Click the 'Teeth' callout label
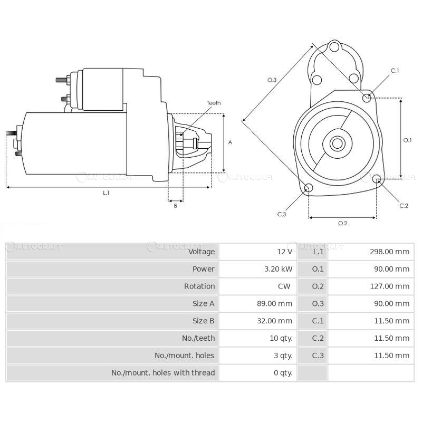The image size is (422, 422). click(214, 103)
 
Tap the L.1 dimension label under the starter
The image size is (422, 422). click(106, 193)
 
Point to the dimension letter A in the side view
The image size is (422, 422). click(230, 142)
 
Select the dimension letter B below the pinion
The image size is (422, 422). click(175, 206)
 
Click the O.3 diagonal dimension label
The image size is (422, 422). click(272, 80)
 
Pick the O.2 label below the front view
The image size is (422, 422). click(342, 223)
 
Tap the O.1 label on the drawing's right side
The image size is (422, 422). click(407, 140)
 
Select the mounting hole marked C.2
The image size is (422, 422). click(377, 180)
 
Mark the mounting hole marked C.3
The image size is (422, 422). click(309, 189)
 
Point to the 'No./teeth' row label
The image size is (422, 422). click(198, 338)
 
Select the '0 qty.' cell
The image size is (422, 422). click(283, 372)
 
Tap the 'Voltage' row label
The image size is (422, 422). click(202, 252)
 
